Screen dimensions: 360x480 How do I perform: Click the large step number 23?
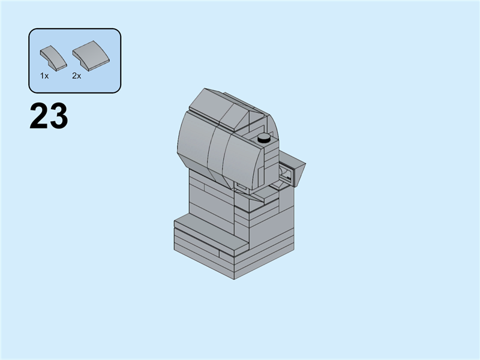[x=49, y=116]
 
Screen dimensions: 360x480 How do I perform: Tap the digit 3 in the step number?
[x=58, y=116]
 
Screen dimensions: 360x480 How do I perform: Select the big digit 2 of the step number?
[x=39, y=116]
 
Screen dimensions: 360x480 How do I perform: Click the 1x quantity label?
[x=44, y=76]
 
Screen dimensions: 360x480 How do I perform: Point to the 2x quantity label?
[x=76, y=76]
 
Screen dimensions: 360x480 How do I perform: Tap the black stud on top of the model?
[x=263, y=139]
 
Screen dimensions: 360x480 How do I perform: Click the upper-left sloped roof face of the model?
[x=208, y=103]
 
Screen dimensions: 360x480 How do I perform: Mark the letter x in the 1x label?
[x=46, y=76]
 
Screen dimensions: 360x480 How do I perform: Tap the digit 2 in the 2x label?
[x=74, y=76]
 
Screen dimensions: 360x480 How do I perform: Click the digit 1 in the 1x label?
[x=42, y=76]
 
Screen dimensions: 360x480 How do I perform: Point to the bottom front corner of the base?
[x=234, y=277]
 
